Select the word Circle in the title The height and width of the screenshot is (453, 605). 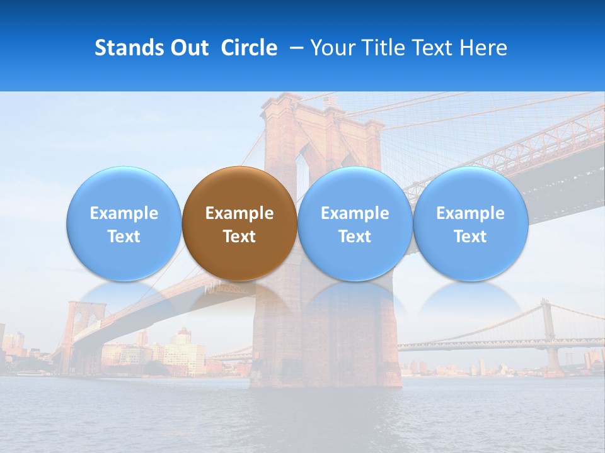(x=249, y=48)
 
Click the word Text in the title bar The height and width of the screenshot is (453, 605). (x=433, y=48)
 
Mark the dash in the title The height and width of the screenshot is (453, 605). (x=294, y=48)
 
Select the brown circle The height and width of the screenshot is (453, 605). (x=239, y=223)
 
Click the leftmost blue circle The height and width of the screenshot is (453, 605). (x=124, y=223)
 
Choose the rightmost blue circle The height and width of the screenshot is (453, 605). (x=470, y=223)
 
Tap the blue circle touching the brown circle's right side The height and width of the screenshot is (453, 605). (x=355, y=223)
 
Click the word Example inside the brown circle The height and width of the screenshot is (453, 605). (x=239, y=213)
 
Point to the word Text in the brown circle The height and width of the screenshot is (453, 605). (x=239, y=237)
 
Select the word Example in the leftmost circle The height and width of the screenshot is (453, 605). (x=124, y=213)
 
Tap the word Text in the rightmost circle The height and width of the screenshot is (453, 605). (x=470, y=237)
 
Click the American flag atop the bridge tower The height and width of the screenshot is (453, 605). (x=330, y=101)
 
